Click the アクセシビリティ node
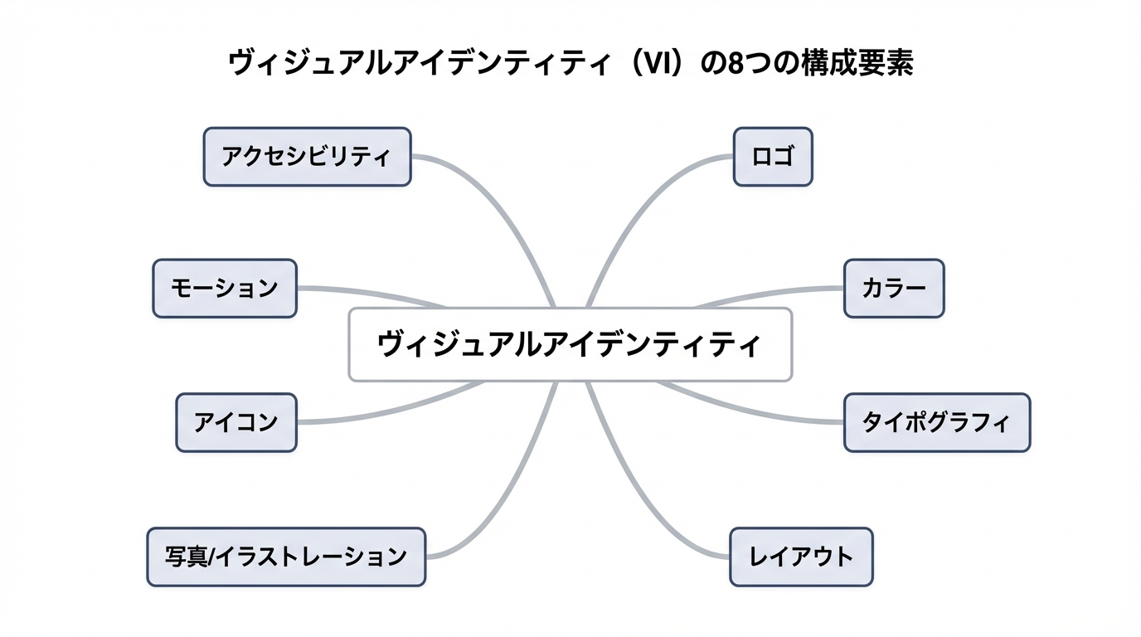(307, 156)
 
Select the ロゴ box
(773, 156)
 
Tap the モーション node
(225, 288)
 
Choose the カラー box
(894, 288)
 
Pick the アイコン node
(236, 422)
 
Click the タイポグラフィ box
(937, 422)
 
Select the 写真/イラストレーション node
(286, 557)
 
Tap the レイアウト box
(801, 557)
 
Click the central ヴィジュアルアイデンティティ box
(570, 344)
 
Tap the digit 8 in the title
(733, 64)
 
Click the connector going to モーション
(373, 293)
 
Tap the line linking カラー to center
(763, 294)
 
